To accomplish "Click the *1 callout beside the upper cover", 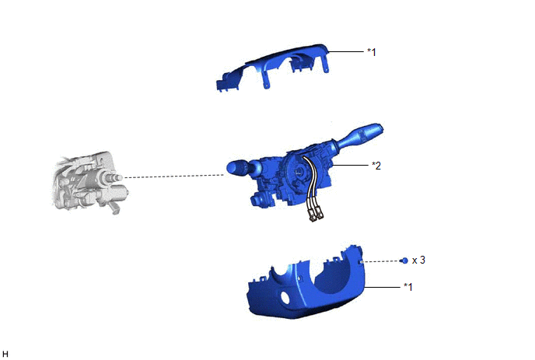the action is pos(372,52).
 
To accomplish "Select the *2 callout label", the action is pos(376,166).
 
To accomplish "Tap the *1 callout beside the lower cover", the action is pos(408,287).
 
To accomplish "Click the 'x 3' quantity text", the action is pos(418,260).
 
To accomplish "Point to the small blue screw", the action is pos(404,260).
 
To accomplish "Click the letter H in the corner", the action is pos(5,354).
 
